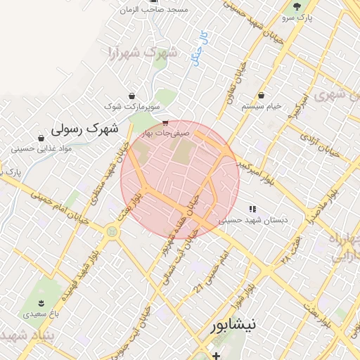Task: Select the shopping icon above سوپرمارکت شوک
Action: tap(131, 96)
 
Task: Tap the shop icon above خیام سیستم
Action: tap(262, 95)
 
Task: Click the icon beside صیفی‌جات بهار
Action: tap(165, 123)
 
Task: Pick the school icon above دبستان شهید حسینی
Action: tap(252, 209)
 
